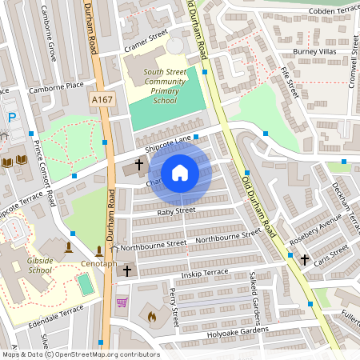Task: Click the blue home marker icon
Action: pos(180,173)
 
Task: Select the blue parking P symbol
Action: pos(12,118)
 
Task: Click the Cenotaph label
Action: pos(98,264)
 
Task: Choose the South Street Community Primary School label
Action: pos(165,86)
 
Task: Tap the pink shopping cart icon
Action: pos(122,302)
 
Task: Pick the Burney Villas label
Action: pos(316,52)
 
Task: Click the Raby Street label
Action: pos(176,211)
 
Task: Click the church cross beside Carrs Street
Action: pos(304,259)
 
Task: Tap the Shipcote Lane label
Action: pos(168,143)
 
